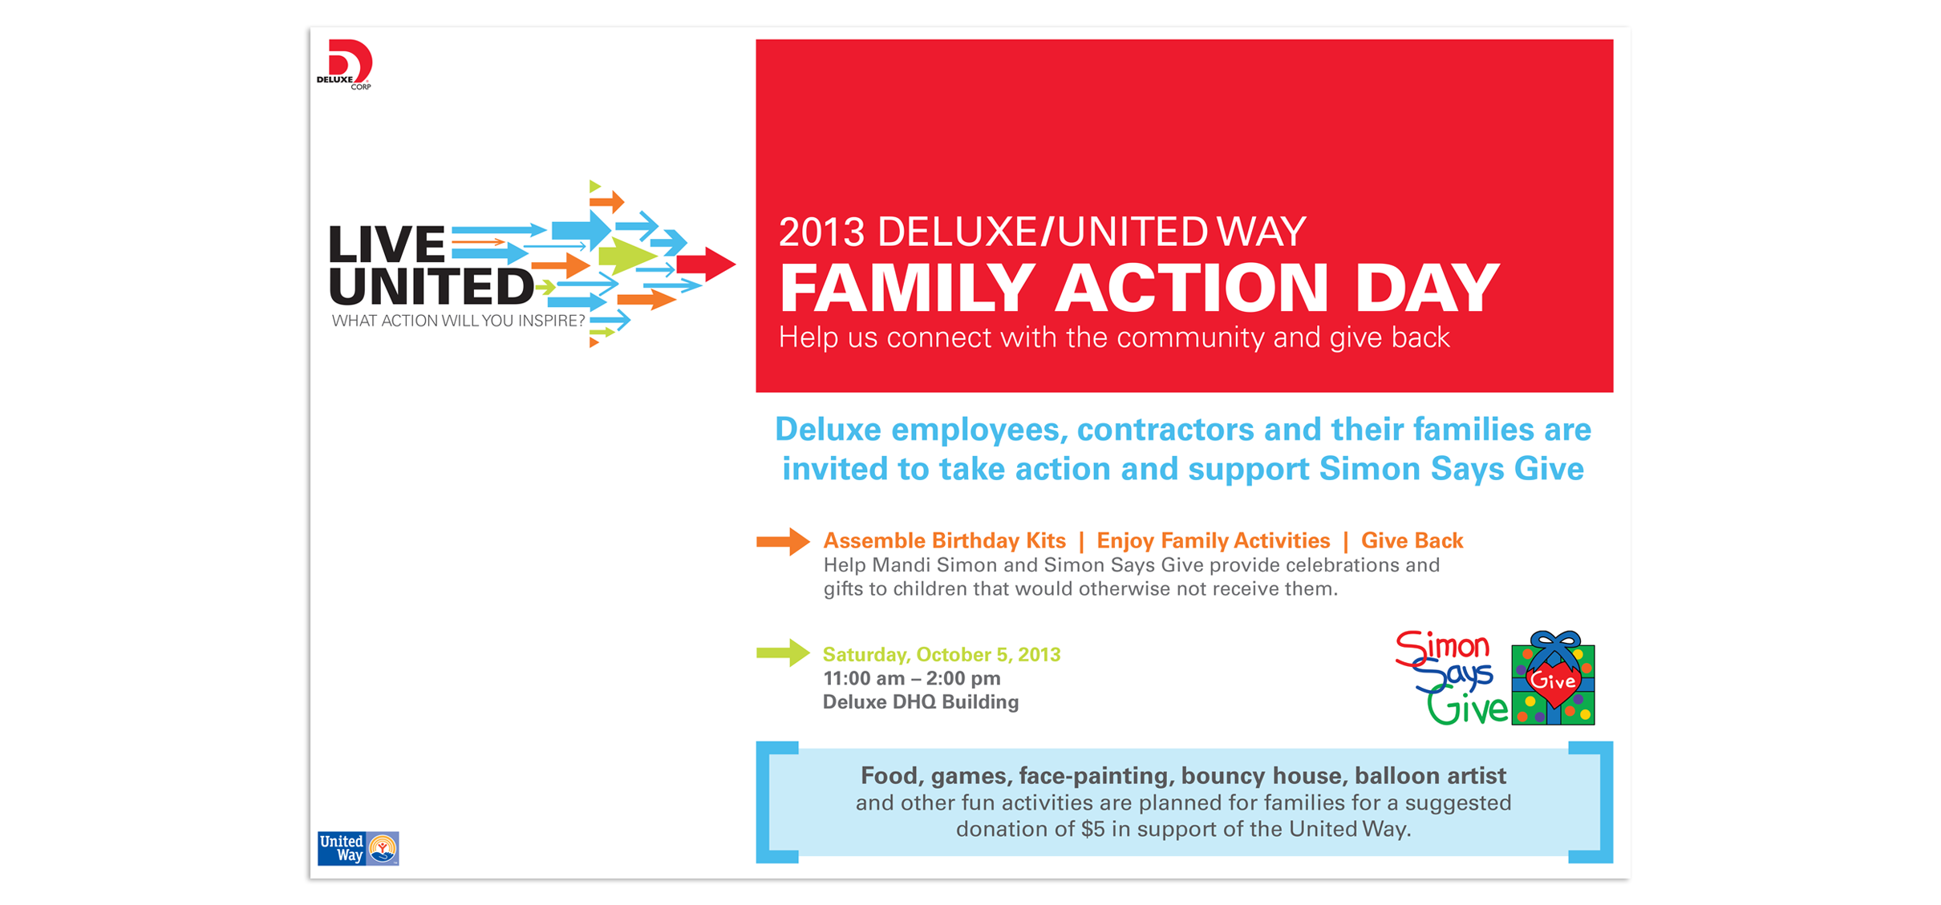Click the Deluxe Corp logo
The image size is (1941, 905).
point(345,64)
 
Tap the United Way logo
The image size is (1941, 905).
point(358,848)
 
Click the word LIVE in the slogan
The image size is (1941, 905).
point(387,244)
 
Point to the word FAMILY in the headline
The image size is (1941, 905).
point(906,288)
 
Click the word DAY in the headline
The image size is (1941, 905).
point(1427,288)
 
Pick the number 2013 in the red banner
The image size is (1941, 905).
point(822,232)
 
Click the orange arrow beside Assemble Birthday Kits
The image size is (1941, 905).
point(783,542)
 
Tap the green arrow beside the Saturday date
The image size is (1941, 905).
point(783,653)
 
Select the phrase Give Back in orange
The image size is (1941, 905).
point(1412,541)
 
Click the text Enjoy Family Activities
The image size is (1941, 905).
point(1214,541)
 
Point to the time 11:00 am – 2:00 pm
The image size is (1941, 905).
point(912,679)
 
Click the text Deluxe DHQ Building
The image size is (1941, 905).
point(921,702)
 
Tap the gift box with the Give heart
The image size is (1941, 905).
point(1553,679)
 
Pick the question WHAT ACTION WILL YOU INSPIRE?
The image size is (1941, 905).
point(459,321)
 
